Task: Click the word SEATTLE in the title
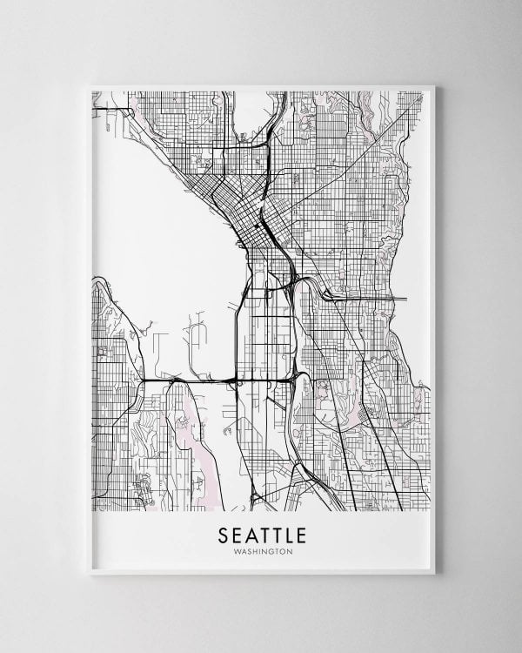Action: [261, 532]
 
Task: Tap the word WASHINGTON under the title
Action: [261, 550]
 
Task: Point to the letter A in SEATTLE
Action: [248, 532]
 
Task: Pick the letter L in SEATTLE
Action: [285, 532]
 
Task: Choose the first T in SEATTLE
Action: [260, 532]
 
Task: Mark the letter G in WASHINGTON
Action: [272, 550]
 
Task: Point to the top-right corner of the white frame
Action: [434, 84]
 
